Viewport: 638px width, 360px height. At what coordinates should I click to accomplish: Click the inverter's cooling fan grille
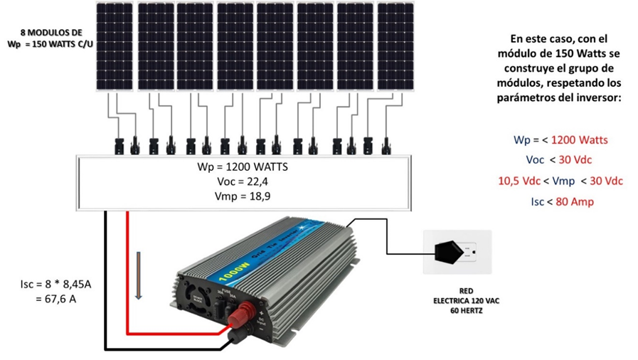coord(190,290)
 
